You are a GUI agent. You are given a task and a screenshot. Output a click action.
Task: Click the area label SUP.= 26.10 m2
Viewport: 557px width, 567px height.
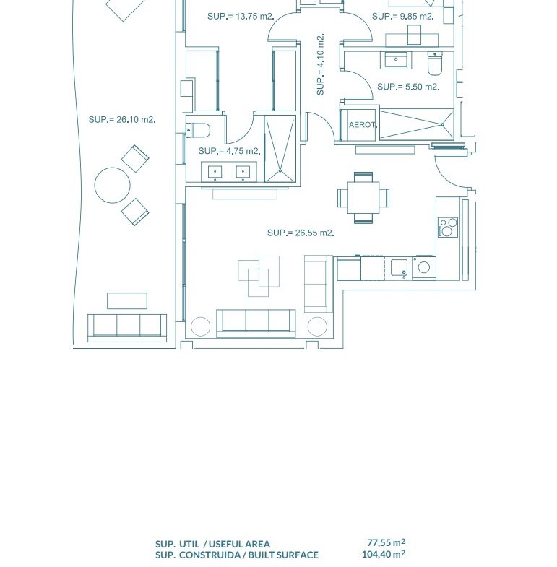[x=122, y=119]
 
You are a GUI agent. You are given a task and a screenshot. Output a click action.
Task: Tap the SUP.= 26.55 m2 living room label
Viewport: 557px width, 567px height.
[x=301, y=233]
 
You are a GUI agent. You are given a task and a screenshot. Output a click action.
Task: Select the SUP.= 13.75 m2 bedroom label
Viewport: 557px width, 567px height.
[x=241, y=17]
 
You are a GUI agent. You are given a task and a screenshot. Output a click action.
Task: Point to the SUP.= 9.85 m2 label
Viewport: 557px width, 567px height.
[x=403, y=17]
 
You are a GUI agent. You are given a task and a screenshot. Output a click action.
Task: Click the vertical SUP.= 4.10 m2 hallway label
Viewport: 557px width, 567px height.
[x=321, y=65]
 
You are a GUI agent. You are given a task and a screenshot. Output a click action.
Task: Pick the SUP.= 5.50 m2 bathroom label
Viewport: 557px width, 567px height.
[x=408, y=87]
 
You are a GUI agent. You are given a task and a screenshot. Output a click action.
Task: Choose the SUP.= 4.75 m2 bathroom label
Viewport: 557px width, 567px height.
[x=229, y=151]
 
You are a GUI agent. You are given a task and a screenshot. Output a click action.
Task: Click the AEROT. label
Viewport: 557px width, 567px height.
[x=363, y=125]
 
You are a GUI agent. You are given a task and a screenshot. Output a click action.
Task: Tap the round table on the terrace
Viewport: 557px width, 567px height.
[x=113, y=185]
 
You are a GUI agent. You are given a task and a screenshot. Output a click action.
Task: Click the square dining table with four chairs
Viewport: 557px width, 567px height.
[x=363, y=197]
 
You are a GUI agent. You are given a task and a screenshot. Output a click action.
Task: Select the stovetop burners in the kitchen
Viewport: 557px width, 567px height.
[x=448, y=227]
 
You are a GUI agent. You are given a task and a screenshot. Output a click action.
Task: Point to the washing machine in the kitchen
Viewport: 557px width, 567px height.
[x=423, y=267]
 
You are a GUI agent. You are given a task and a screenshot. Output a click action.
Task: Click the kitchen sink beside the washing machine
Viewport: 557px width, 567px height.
[x=399, y=269]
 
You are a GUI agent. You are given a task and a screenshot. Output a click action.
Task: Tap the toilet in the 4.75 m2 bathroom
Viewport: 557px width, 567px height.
[x=198, y=130]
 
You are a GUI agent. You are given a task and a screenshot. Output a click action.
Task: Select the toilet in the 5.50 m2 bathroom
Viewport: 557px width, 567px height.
[x=435, y=64]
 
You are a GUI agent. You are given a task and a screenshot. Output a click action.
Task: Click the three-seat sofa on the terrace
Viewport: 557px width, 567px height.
[x=127, y=328]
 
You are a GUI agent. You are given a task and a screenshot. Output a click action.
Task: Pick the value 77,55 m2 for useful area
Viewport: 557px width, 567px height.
[x=386, y=542]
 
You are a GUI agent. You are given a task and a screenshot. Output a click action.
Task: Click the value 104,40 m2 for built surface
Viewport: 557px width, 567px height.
[x=384, y=554]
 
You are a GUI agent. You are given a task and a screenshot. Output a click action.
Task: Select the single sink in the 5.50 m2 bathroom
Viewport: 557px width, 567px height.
[x=396, y=60]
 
